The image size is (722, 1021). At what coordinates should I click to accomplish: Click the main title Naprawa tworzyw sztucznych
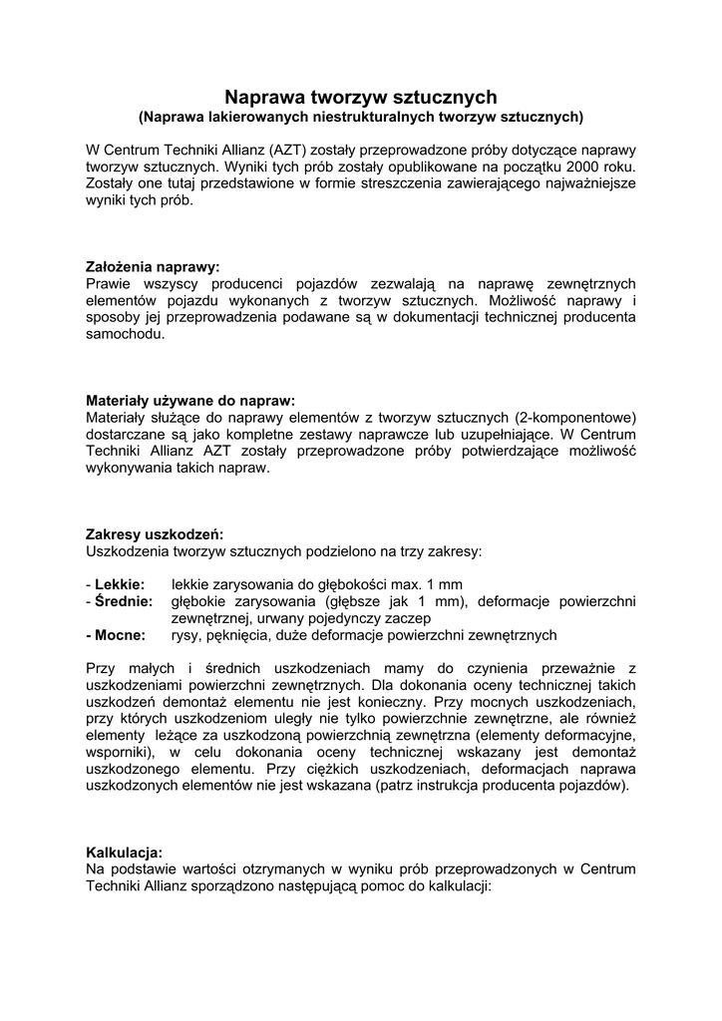[x=360, y=97]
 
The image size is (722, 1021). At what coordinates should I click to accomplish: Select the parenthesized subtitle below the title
[x=360, y=117]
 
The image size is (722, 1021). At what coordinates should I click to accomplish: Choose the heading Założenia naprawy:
[x=152, y=267]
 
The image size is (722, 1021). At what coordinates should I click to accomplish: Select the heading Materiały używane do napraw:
[x=190, y=401]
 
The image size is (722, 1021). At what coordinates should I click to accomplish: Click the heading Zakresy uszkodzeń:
[x=155, y=533]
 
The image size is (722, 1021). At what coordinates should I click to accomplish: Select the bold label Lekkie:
[x=120, y=584]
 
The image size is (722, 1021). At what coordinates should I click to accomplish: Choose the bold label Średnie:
[x=124, y=601]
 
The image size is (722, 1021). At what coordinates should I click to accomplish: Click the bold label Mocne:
[x=118, y=635]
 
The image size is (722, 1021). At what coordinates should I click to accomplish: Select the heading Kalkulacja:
[x=125, y=852]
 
